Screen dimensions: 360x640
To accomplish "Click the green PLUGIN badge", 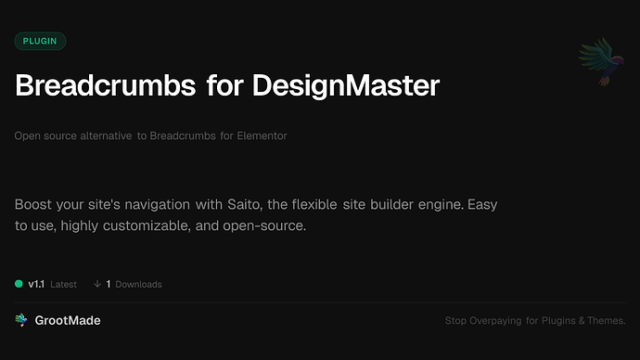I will pyautogui.click(x=40, y=41).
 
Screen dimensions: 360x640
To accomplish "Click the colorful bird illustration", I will pyautogui.click(x=598, y=63).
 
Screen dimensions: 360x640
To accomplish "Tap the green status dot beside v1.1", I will pyautogui.click(x=19, y=284).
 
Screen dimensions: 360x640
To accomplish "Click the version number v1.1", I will pyautogui.click(x=36, y=284).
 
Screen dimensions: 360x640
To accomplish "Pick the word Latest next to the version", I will pyautogui.click(x=63, y=284).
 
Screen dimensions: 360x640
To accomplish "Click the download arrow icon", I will pyautogui.click(x=96, y=284).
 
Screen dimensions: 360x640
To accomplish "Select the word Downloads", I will pyautogui.click(x=138, y=284).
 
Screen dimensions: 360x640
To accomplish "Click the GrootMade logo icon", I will pyautogui.click(x=20, y=320).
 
